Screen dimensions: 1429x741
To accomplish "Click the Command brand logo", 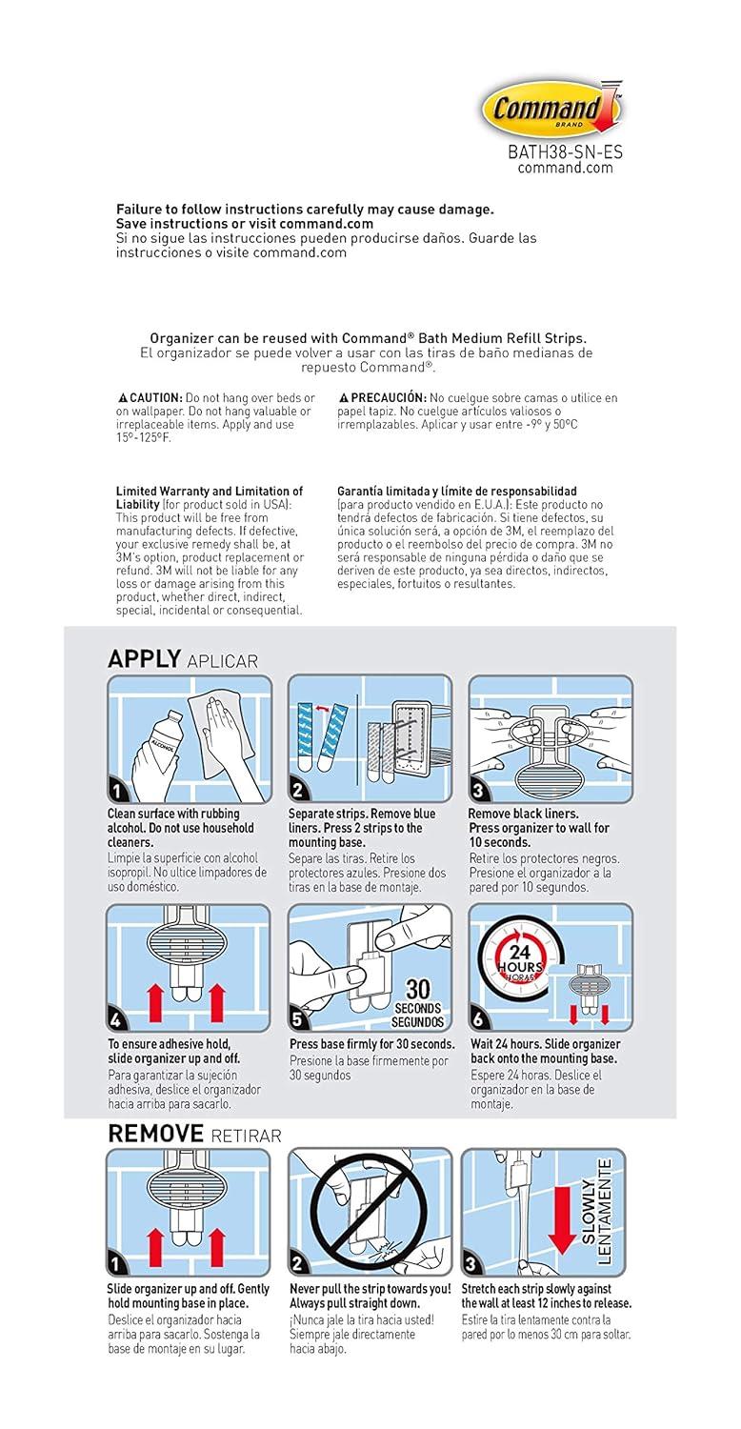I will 551,109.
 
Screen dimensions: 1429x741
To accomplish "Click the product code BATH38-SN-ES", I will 565,152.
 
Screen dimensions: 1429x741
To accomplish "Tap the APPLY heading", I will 144,658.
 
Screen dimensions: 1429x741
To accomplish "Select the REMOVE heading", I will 155,1133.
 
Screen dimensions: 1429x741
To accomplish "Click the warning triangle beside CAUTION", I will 122,397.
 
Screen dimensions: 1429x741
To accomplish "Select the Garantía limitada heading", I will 456,492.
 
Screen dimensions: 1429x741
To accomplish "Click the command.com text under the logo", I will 565,168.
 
